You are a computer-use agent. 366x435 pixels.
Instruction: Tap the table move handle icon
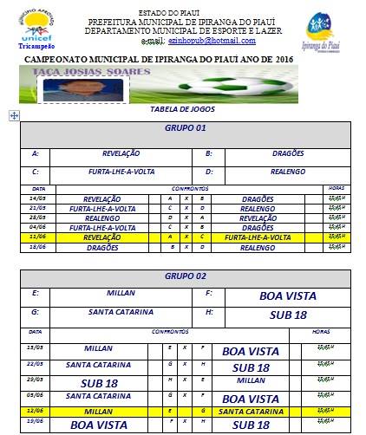[x=11, y=115]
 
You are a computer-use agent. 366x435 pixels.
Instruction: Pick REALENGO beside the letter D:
[x=276, y=171]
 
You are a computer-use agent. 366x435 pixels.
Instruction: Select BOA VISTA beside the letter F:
[x=288, y=295]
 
